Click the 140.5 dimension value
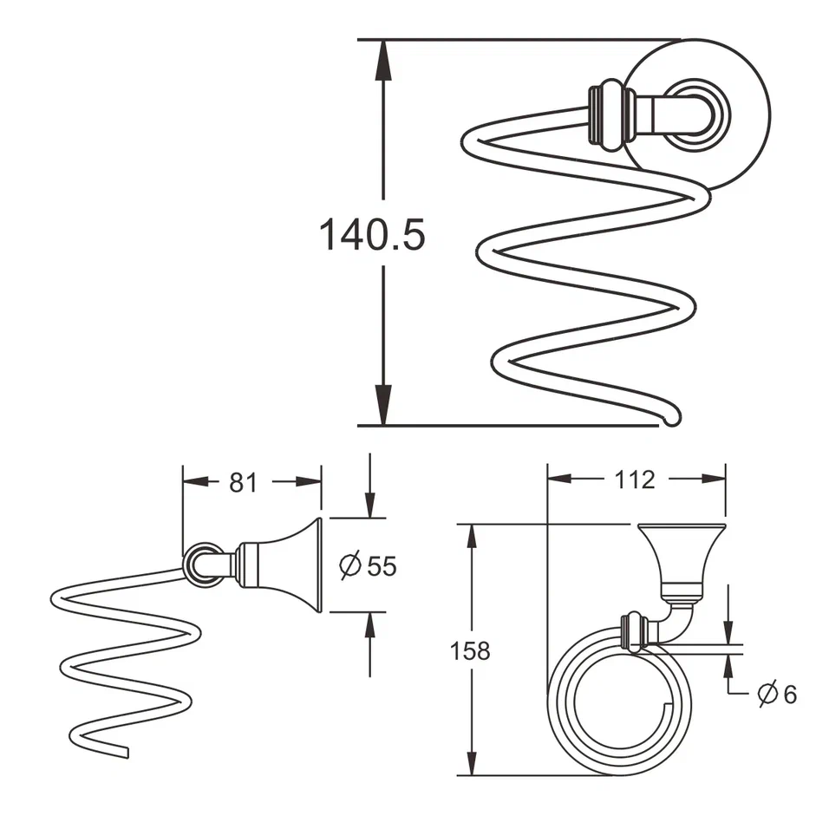pos(373,234)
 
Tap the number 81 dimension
pos(244,483)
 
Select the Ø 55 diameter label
pos(369,566)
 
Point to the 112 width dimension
pos(636,479)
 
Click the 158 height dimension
pos(471,650)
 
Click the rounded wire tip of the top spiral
pos(672,421)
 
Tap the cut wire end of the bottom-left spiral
pos(124,752)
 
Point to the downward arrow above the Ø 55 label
pos(370,499)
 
